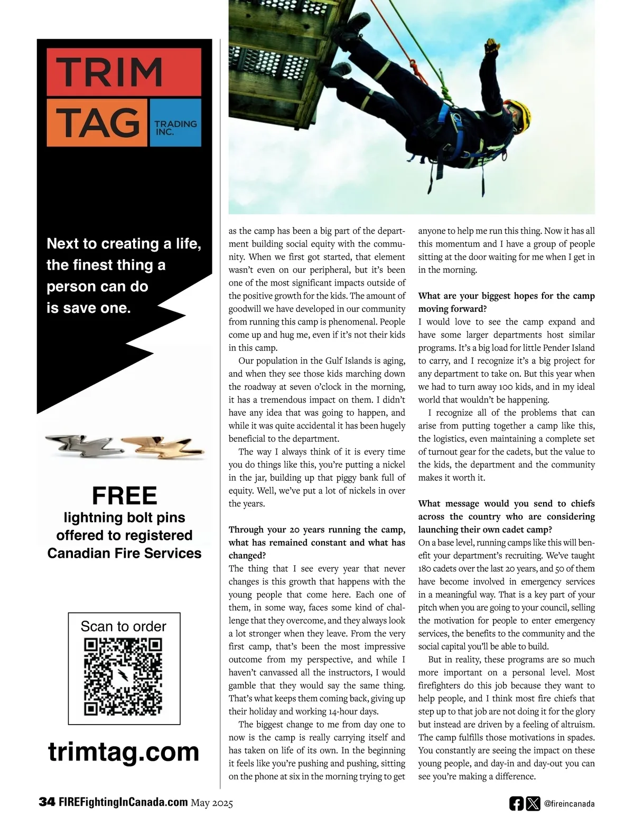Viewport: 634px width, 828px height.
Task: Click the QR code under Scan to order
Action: (123, 677)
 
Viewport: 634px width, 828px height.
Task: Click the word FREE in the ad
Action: (125, 496)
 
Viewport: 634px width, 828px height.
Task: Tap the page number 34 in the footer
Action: (46, 803)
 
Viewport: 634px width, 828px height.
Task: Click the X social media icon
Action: (533, 803)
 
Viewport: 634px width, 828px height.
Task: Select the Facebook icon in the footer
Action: (516, 803)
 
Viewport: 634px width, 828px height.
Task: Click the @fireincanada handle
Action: (569, 804)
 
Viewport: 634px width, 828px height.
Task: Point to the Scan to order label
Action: (123, 626)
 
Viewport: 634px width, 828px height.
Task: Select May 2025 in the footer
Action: (212, 803)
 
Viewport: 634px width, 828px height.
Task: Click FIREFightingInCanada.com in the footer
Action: (123, 803)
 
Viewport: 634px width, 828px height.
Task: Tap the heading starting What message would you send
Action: (506, 516)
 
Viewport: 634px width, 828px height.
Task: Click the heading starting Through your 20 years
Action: (316, 543)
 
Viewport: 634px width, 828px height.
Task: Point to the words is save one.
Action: (88, 308)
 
